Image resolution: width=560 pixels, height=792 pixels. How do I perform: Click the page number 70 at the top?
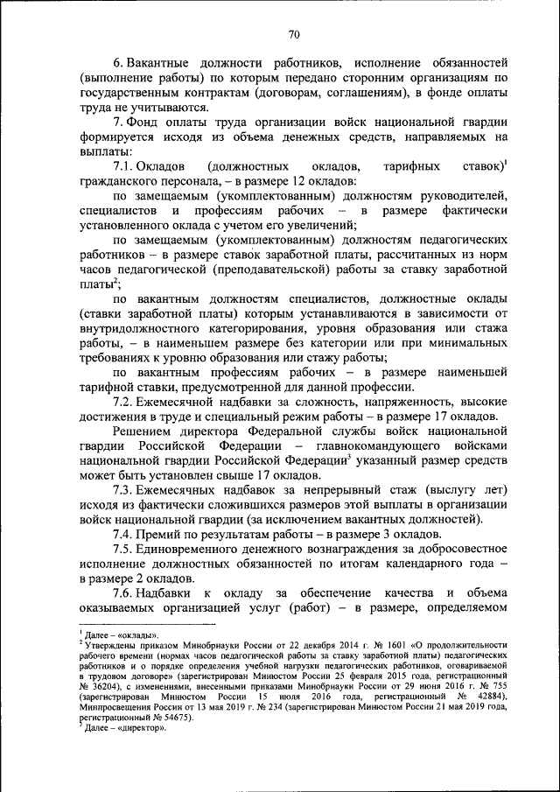pos(292,34)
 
